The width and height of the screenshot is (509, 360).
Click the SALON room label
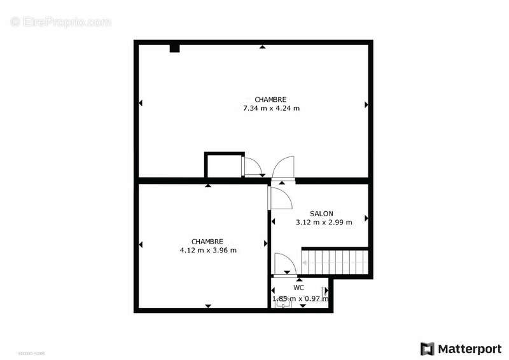321,214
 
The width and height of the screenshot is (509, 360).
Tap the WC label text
299,287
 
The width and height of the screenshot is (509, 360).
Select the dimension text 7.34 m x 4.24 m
271,108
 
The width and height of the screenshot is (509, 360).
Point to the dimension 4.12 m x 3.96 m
208,251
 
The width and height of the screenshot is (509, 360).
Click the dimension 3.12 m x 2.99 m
324,223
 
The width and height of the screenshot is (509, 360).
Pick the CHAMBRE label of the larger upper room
270,99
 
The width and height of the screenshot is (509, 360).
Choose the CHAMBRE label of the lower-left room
207,242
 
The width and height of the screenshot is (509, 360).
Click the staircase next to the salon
335,261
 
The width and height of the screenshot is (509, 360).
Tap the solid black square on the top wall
174,48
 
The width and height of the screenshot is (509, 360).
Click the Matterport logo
461,349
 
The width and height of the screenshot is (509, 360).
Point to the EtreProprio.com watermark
61,22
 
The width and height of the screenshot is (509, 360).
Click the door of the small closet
252,166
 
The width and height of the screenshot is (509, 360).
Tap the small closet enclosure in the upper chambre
223,165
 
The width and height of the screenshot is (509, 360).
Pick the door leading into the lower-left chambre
280,197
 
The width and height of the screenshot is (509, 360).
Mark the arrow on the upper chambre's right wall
366,104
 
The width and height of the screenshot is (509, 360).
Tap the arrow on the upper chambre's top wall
261,46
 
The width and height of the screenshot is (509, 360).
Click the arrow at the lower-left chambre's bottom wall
208,307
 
